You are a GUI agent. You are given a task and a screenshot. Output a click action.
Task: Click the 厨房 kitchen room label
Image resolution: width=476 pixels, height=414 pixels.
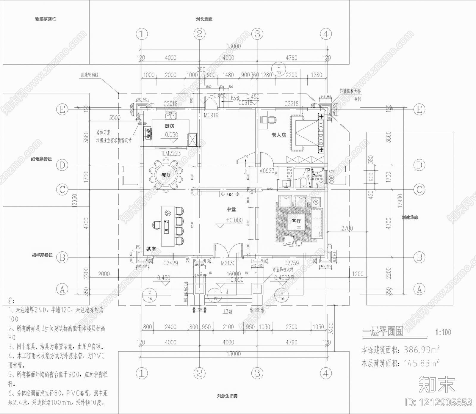[169, 126]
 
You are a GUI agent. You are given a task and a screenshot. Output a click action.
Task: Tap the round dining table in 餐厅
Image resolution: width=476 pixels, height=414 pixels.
[166, 175]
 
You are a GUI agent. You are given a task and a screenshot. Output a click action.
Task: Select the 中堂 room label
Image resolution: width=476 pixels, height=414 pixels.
[231, 209]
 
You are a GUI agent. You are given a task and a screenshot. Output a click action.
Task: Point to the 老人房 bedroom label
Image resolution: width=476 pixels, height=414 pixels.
[278, 135]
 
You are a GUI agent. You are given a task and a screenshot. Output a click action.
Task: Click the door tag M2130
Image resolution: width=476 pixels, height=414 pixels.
[228, 263]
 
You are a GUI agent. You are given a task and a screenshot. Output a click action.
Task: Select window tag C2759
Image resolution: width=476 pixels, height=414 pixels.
[292, 263]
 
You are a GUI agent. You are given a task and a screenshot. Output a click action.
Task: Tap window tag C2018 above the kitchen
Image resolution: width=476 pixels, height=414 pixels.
[170, 103]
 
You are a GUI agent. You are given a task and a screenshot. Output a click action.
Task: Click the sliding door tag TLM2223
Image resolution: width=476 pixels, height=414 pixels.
[171, 154]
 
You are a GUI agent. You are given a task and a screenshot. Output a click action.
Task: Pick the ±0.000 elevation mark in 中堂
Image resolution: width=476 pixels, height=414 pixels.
[234, 220]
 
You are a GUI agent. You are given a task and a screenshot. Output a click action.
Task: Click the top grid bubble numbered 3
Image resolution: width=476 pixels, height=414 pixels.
[257, 34]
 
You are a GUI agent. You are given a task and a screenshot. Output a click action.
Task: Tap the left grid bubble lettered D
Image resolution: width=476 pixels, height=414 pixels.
[62, 165]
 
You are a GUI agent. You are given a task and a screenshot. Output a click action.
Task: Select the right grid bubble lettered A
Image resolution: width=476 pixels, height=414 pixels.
[419, 289]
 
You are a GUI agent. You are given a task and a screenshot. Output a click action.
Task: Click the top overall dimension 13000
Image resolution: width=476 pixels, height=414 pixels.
[234, 46]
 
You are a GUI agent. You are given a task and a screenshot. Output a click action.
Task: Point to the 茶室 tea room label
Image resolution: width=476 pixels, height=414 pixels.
[151, 249]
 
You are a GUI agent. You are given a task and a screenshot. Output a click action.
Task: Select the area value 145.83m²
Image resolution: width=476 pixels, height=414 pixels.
[421, 363]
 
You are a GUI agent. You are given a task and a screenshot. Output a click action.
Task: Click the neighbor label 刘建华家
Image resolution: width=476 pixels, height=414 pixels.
[410, 217]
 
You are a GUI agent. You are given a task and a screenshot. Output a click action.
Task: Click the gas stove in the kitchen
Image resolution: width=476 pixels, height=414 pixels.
[148, 133]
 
